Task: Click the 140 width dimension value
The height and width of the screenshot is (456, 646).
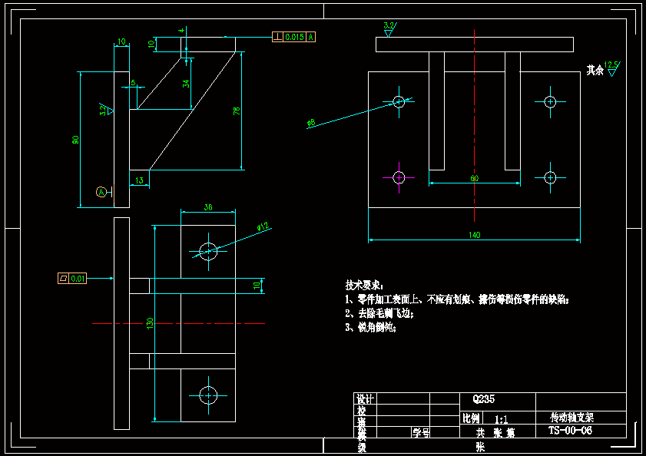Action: pyautogui.click(x=474, y=235)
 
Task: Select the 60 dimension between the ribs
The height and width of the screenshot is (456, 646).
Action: pyautogui.click(x=474, y=178)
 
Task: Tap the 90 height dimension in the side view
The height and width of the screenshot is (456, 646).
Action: pyautogui.click(x=75, y=140)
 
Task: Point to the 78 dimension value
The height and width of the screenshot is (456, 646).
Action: pyautogui.click(x=237, y=111)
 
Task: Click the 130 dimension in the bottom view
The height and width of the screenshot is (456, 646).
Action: pyautogui.click(x=151, y=323)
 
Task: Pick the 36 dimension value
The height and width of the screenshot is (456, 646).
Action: pyautogui.click(x=207, y=207)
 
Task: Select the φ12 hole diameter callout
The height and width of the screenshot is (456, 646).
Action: pyautogui.click(x=263, y=226)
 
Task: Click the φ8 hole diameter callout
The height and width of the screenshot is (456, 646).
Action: pyautogui.click(x=310, y=123)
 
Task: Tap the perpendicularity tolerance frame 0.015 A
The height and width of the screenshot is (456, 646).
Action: pyautogui.click(x=293, y=36)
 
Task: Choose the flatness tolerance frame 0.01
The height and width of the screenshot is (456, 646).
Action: pyautogui.click(x=73, y=278)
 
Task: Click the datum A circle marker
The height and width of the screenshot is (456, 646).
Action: pyautogui.click(x=101, y=191)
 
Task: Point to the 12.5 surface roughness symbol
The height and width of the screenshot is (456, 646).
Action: pyautogui.click(x=611, y=68)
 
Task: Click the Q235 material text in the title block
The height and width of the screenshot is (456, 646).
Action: pyautogui.click(x=482, y=399)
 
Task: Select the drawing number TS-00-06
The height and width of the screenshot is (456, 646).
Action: pyautogui.click(x=570, y=431)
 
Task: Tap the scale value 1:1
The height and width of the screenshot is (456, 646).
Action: pyautogui.click(x=501, y=420)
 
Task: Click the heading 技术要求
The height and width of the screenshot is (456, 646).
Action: pyautogui.click(x=363, y=285)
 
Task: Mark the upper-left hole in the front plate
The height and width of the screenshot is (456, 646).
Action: pyautogui.click(x=399, y=101)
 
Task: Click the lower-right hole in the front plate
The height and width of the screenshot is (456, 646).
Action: pyautogui.click(x=550, y=177)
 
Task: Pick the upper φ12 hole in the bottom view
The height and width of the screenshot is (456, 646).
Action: pyautogui.click(x=208, y=249)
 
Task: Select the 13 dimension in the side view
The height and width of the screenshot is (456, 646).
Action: pyautogui.click(x=139, y=180)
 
